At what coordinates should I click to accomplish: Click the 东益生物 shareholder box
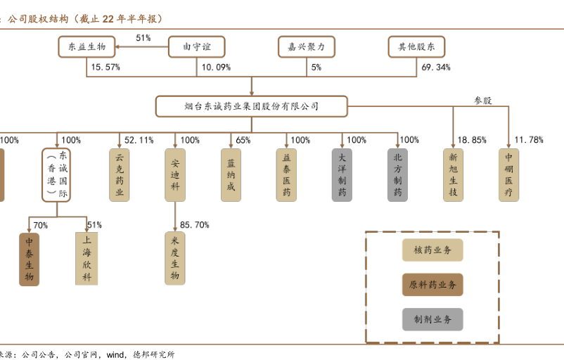coord(86,47)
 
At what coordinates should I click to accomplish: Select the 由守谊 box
coord(197,47)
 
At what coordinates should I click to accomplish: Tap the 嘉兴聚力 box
coord(306,47)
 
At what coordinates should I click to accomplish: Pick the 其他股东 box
coord(417,47)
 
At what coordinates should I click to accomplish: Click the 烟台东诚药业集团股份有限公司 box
coord(251,106)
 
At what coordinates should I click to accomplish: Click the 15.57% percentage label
coord(105,67)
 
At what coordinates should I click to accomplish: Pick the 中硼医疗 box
coord(508,175)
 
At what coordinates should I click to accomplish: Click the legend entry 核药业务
coord(432,250)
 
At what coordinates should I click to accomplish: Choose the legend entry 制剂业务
coord(432,319)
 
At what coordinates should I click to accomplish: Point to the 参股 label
coord(482,101)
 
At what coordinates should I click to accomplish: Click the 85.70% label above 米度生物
coord(194,225)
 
